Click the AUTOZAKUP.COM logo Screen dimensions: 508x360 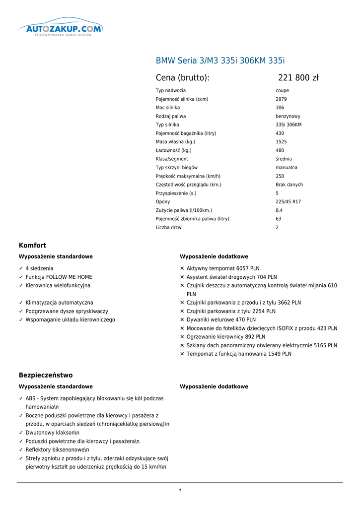pyautogui.click(x=61, y=28)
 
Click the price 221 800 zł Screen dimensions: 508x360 pyautogui.click(x=298, y=77)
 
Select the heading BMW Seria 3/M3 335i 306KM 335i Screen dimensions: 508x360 pyautogui.click(x=220, y=61)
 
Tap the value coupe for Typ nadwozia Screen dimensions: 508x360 pyautogui.click(x=282, y=91)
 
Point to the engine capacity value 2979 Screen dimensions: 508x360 pyautogui.click(x=281, y=99)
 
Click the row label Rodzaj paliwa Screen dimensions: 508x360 pyautogui.click(x=171, y=116)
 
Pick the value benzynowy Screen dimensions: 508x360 pyautogui.click(x=288, y=116)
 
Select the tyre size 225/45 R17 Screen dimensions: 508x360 pyautogui.click(x=288, y=202)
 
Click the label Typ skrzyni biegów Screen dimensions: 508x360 pyautogui.click(x=177, y=168)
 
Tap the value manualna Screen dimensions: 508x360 pyautogui.click(x=287, y=168)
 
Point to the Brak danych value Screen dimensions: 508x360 pyautogui.click(x=289, y=185)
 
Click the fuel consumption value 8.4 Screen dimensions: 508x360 pyautogui.click(x=279, y=210)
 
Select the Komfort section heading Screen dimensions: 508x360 pyautogui.click(x=33, y=245)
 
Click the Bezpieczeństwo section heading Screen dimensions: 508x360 pyautogui.click(x=46, y=375)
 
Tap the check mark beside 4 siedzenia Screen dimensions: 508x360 pyautogui.click(x=21, y=268)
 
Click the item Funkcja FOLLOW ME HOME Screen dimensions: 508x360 pyautogui.click(x=59, y=277)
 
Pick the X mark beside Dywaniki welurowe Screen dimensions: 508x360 pyautogui.click(x=182, y=320)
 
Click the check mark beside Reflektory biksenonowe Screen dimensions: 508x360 pyautogui.click(x=21, y=450)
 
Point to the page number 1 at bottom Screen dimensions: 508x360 pyautogui.click(x=180, y=491)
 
